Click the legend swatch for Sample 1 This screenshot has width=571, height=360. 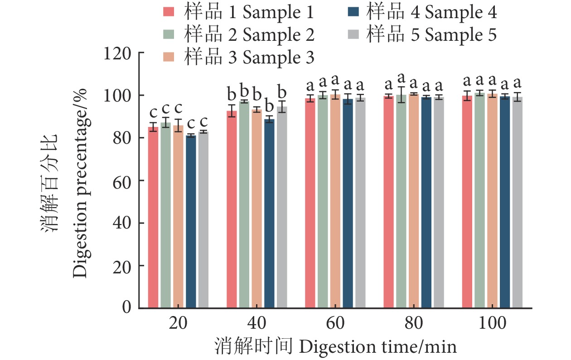[x=169, y=13]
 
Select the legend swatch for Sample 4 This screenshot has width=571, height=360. [x=352, y=13]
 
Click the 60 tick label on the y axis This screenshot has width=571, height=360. [x=122, y=180]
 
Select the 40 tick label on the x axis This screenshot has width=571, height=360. [x=256, y=325]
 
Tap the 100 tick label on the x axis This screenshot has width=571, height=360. [x=493, y=325]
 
